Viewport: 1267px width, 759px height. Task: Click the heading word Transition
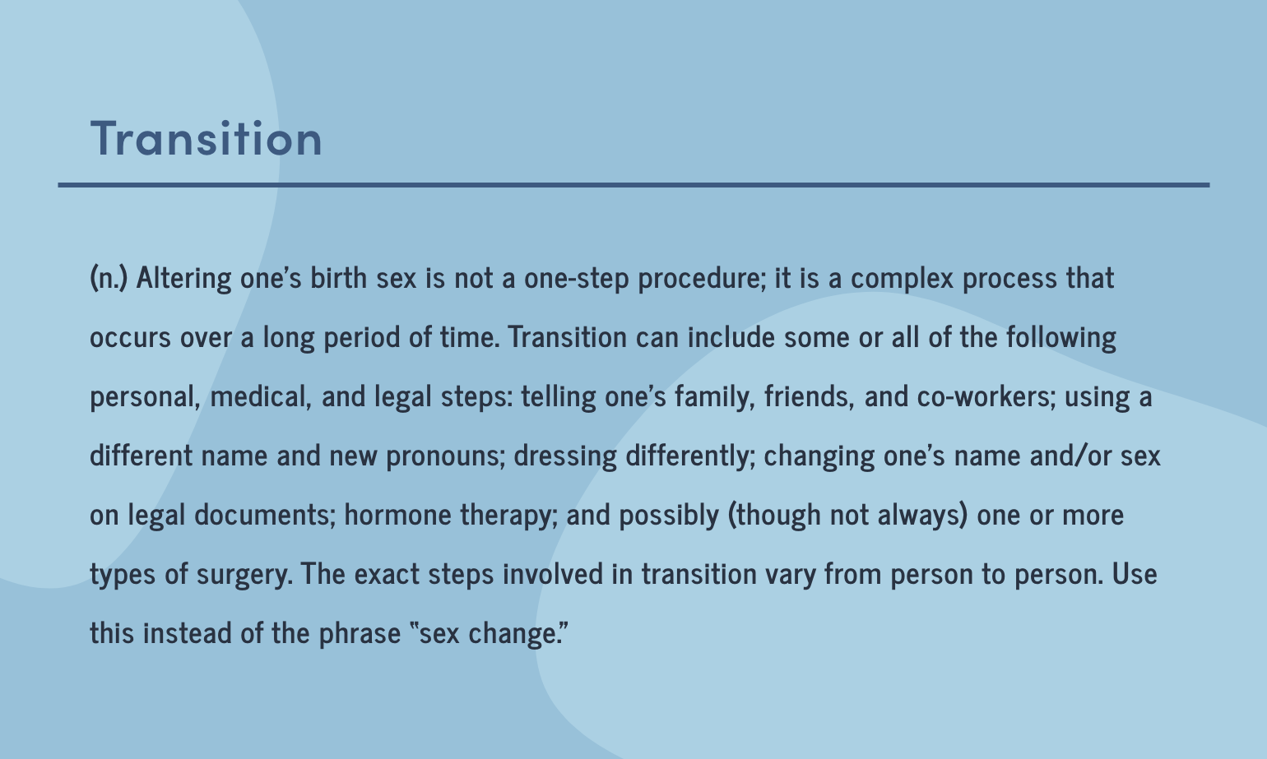[x=207, y=138]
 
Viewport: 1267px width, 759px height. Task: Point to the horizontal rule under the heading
[x=633, y=185]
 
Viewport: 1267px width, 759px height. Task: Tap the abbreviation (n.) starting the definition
[x=109, y=278]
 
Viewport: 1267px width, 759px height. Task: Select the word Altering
[x=183, y=278]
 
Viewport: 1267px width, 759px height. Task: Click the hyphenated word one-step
[x=577, y=279]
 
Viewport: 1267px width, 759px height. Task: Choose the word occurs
[x=130, y=338]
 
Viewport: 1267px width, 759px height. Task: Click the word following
[x=1061, y=337]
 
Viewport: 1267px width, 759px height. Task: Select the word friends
[x=810, y=396]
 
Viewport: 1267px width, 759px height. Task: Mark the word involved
[x=553, y=574]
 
